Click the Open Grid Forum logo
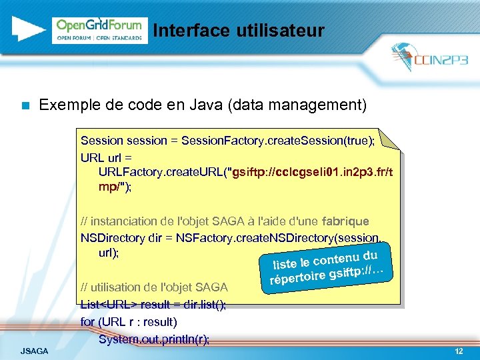[x=99, y=30]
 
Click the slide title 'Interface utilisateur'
[x=238, y=31]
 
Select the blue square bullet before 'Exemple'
[x=25, y=105]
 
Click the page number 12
[x=458, y=351]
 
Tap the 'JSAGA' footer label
[x=34, y=351]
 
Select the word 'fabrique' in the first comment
[x=345, y=221]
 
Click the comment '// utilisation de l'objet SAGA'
[x=154, y=287]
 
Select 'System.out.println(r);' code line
[x=153, y=339]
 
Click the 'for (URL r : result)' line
[x=129, y=322]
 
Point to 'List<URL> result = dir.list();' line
[x=153, y=305]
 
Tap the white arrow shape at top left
[x=27, y=28]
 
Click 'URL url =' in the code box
[x=107, y=157]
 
